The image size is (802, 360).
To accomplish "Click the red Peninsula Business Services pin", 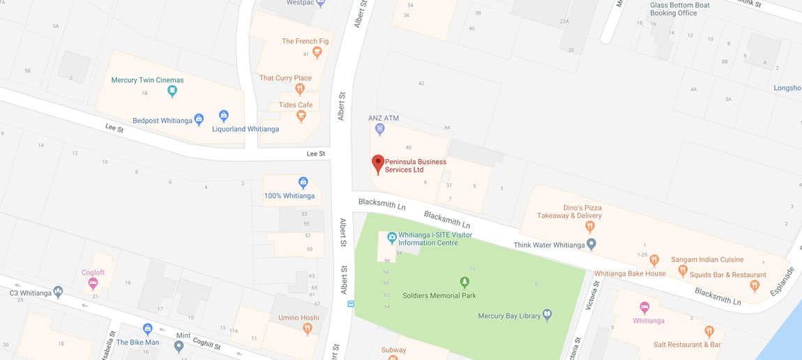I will click(377, 163).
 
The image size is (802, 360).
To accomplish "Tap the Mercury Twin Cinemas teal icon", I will click(172, 91).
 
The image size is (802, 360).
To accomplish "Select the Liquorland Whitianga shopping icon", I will click(224, 116).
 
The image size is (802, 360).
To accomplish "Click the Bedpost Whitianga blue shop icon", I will click(199, 120).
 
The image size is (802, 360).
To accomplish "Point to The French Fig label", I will click(305, 41).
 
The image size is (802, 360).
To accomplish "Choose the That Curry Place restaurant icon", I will click(300, 89).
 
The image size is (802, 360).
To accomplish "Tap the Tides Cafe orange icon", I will click(301, 116).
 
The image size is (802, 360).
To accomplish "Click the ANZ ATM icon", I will click(379, 129).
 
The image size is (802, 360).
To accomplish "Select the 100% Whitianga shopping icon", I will click(303, 183).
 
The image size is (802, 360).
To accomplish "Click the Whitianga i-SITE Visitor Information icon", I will click(392, 239).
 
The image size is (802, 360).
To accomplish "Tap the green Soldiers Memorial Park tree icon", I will click(464, 283).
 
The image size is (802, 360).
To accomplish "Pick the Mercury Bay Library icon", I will click(547, 315).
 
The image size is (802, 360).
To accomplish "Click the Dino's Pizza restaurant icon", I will click(590, 226).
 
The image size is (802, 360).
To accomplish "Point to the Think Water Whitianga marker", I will click(591, 244).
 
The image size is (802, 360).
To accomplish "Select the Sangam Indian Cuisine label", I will click(707, 260).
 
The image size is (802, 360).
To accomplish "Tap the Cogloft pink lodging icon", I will click(93, 283).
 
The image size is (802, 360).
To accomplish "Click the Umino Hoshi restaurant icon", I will click(308, 329).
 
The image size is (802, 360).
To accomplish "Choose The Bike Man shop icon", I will click(148, 329).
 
